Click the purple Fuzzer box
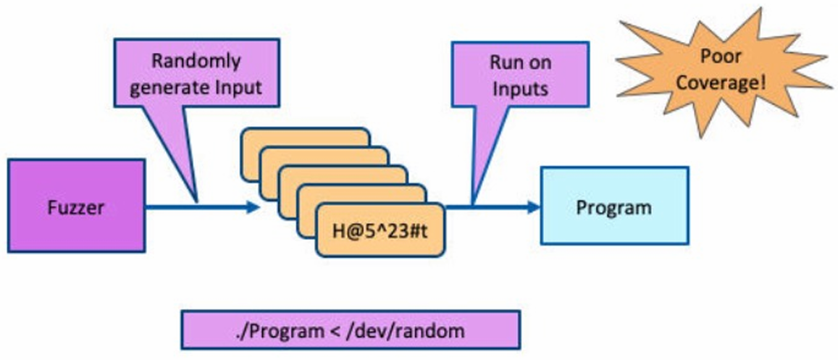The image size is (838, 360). (76, 206)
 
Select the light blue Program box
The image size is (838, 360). (614, 206)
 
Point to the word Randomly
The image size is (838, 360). (196, 61)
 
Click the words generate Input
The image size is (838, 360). (196, 88)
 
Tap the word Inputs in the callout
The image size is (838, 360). (520, 89)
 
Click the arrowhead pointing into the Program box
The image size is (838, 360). (534, 207)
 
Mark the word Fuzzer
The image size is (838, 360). (76, 207)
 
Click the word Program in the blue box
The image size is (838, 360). (614, 207)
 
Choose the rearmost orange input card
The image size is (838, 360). (304, 137)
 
